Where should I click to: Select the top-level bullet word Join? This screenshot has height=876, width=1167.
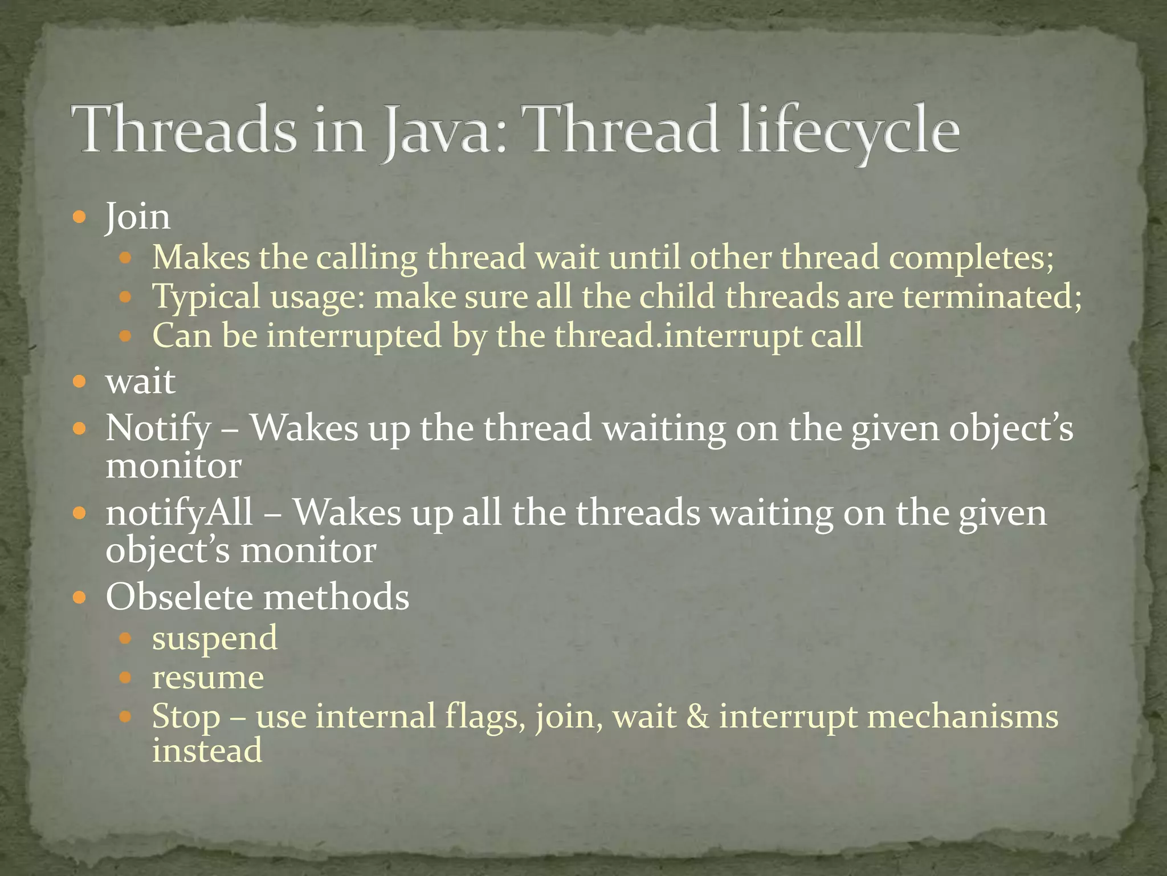(x=137, y=217)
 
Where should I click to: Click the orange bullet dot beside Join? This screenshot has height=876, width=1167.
(x=80, y=217)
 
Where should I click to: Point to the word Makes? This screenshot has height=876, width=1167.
(x=201, y=257)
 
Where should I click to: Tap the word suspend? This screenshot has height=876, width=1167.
(x=214, y=638)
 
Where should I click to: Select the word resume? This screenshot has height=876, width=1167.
(x=208, y=678)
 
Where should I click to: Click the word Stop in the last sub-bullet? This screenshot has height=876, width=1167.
(x=186, y=716)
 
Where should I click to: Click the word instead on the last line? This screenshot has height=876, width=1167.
(x=207, y=751)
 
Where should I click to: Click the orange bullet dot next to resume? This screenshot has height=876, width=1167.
(x=126, y=678)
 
